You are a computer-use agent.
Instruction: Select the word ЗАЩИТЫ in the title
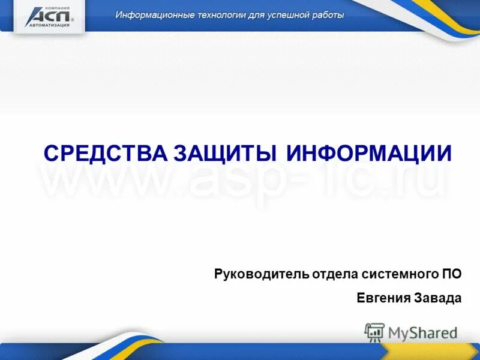(225, 154)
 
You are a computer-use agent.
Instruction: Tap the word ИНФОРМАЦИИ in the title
(368, 154)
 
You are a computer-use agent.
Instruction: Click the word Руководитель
(262, 275)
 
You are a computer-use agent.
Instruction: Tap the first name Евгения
(383, 298)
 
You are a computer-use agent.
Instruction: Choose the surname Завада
(439, 298)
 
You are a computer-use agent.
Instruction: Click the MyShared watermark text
(423, 332)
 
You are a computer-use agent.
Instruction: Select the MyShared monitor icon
(374, 332)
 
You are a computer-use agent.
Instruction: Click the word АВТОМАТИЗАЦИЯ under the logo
(47, 25)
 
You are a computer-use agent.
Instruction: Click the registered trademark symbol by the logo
(73, 20)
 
